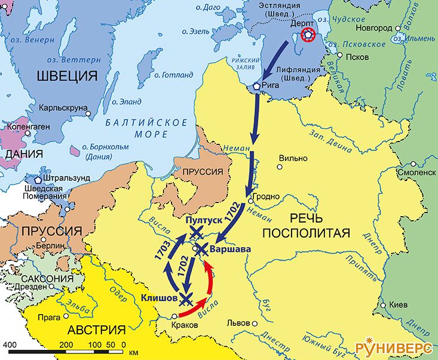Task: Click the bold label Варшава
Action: [x=228, y=249]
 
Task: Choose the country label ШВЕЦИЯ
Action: [x=67, y=76]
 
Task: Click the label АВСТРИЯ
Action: [x=96, y=330]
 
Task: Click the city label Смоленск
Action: [x=415, y=172]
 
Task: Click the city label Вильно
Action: [x=293, y=158]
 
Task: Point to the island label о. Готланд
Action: [x=173, y=75]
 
